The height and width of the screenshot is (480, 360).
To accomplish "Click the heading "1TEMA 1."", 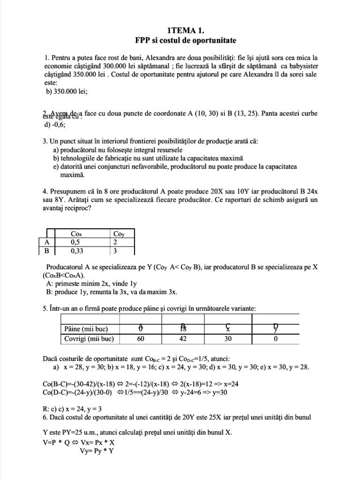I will point(180,29).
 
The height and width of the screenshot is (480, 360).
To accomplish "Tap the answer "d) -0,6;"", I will point(55,125).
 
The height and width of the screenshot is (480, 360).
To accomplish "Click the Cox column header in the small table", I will point(76,233).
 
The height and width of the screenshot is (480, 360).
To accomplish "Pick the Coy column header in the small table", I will point(118,233).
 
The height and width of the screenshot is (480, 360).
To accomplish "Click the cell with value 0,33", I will point(77,251).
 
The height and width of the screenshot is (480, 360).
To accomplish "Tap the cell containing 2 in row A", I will point(115,242).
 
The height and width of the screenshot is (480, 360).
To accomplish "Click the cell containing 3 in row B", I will point(115,251).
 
